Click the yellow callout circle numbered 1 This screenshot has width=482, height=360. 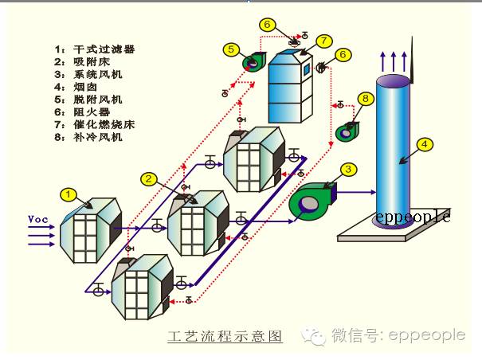tap(69, 194)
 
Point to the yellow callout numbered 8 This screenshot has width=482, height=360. tap(365, 98)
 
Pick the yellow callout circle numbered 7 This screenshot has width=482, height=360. tap(323, 41)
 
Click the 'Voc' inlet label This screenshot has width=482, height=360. tap(37, 218)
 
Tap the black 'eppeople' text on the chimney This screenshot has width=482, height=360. tap(413, 216)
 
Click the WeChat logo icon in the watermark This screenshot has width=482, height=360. tap(316, 335)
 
